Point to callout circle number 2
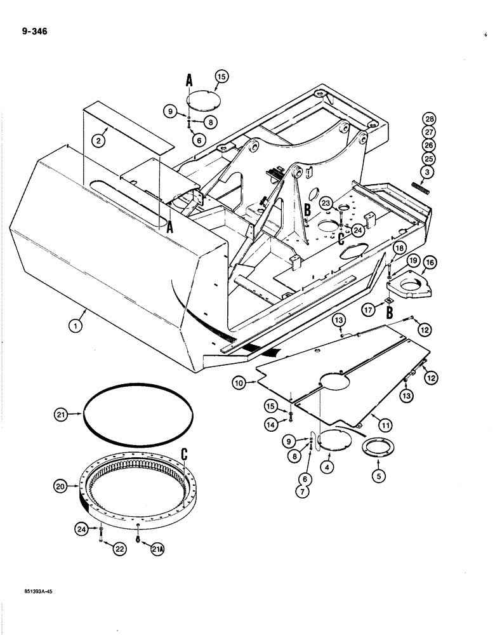click(98, 140)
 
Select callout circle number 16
click(430, 262)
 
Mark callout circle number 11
click(382, 418)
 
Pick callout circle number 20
click(60, 486)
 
